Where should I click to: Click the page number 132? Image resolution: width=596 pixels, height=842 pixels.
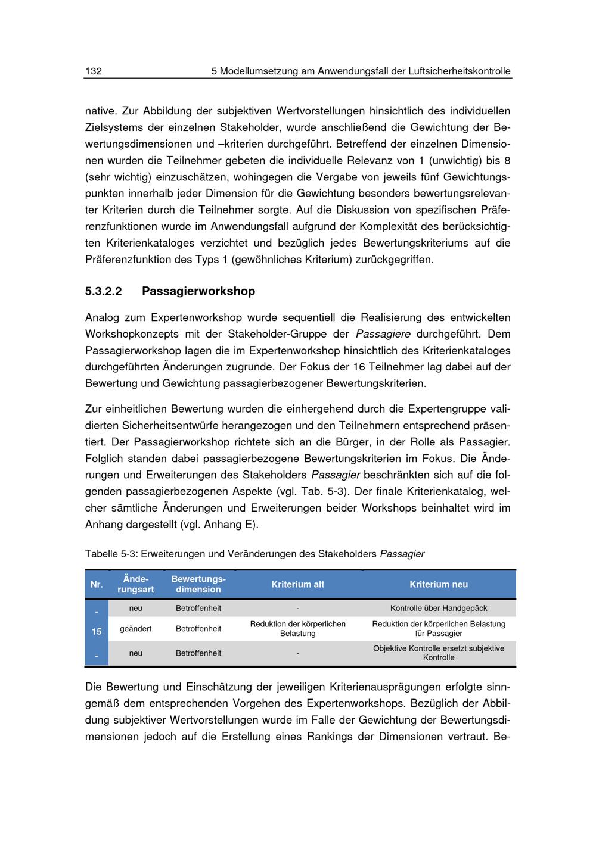[x=94, y=71]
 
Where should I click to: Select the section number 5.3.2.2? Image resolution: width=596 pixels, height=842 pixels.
[x=104, y=291]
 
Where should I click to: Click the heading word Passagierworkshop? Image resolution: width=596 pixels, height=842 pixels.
[x=198, y=291]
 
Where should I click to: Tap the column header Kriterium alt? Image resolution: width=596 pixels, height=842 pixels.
[x=297, y=584]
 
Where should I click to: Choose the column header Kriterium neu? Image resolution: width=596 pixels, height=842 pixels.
[x=438, y=584]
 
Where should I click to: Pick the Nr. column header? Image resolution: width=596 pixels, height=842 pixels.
[x=97, y=584]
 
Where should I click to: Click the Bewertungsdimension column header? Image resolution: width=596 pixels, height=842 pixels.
[x=198, y=584]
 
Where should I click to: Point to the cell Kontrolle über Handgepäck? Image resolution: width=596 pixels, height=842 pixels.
[x=439, y=608]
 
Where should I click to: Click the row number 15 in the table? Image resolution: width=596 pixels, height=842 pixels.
[x=97, y=631]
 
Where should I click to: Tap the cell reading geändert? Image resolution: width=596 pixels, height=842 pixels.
[x=136, y=629]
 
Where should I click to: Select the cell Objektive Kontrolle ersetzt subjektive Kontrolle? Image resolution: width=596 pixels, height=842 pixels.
[x=439, y=653]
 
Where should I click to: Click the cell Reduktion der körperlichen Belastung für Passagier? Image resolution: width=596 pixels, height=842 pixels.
[x=439, y=629]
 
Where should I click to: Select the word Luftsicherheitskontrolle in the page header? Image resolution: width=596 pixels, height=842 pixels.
[x=460, y=71]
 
